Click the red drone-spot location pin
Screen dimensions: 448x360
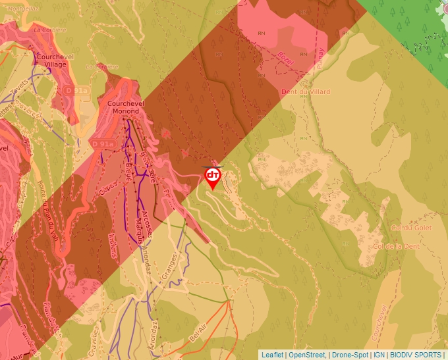tap(213, 176)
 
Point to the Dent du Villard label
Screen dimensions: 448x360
tap(305, 91)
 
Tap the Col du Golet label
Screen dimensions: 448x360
tap(405, 228)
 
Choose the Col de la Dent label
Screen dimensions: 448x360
tap(397, 246)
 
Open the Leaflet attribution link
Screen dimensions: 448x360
tap(272, 355)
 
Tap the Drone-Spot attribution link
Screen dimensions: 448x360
tap(350, 355)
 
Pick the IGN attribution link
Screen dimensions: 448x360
tap(379, 355)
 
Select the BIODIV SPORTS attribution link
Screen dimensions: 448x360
tap(415, 355)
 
